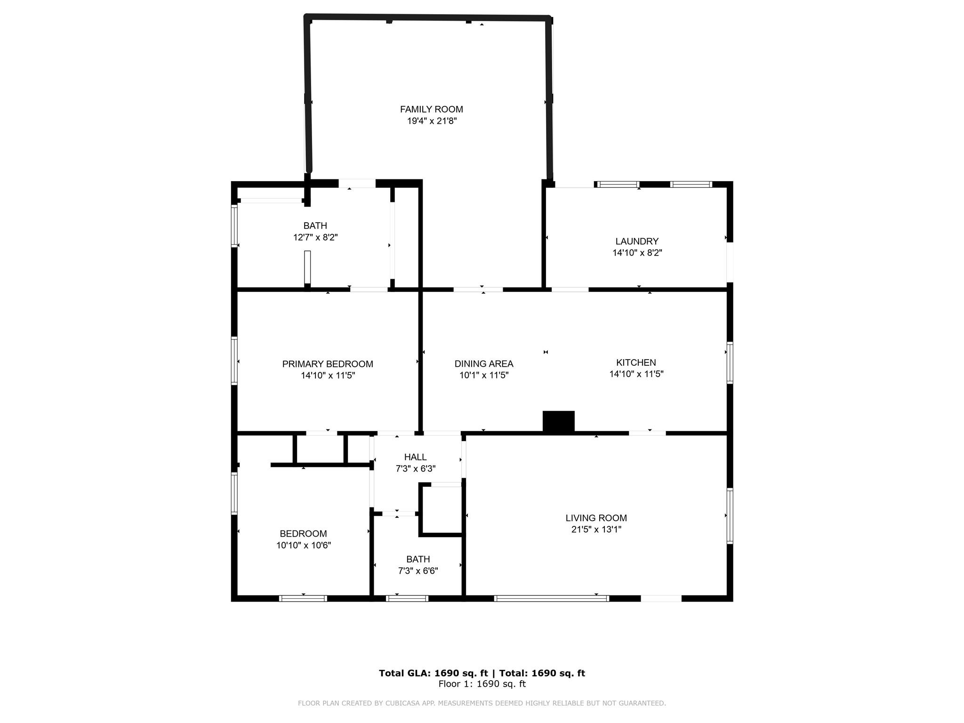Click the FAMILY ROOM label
(431, 109)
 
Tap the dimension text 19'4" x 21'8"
(432, 121)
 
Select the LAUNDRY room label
(636, 241)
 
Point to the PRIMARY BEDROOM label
(327, 364)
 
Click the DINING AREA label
(483, 364)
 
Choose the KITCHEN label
(636, 362)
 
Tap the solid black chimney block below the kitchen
(558, 421)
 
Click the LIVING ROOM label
(596, 518)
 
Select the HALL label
(415, 457)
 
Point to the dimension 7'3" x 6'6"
(418, 571)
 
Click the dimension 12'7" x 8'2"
(315, 237)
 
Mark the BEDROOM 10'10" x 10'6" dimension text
(304, 546)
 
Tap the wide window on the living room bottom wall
(551, 598)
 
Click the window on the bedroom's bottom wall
(303, 598)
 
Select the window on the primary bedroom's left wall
(234, 361)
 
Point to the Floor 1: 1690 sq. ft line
(482, 684)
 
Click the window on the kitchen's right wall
(730, 362)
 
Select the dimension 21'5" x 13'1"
(596, 530)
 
